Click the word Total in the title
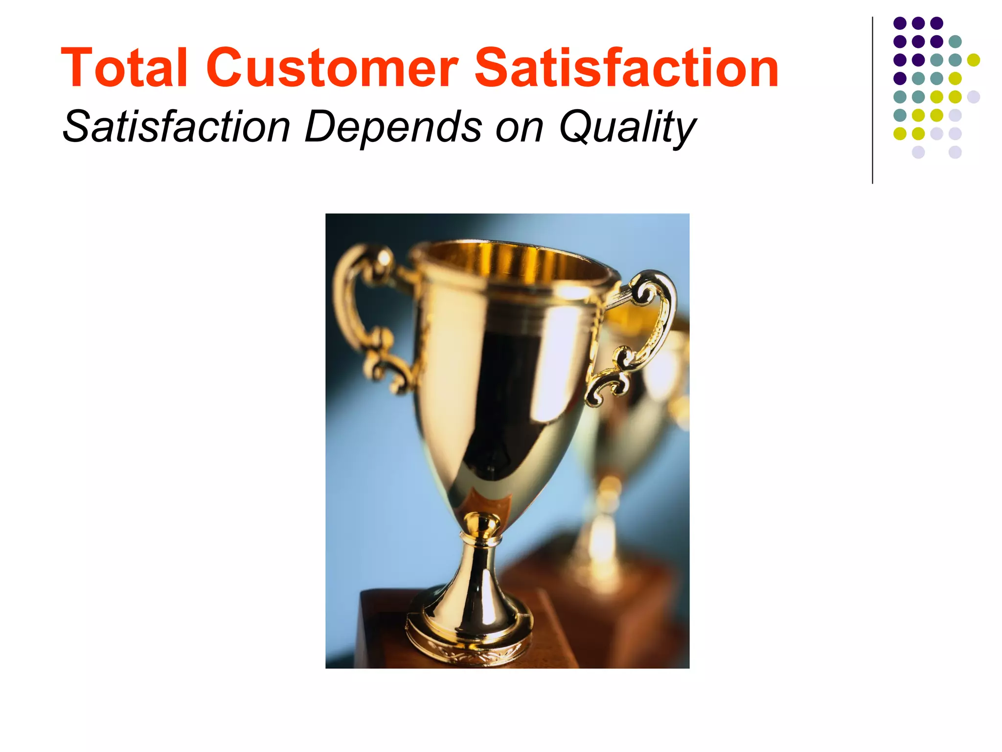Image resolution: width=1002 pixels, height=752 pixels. (124, 69)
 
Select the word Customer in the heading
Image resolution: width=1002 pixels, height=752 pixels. (332, 69)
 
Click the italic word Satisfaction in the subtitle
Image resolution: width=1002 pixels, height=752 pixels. (177, 127)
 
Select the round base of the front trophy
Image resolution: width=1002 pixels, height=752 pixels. (469, 636)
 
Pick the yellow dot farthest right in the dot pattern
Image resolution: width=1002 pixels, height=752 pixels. (974, 60)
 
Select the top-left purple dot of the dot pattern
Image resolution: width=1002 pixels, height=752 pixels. (900, 23)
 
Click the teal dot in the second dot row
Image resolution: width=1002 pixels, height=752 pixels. (955, 42)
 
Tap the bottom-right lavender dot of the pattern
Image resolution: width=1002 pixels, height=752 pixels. (955, 152)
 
